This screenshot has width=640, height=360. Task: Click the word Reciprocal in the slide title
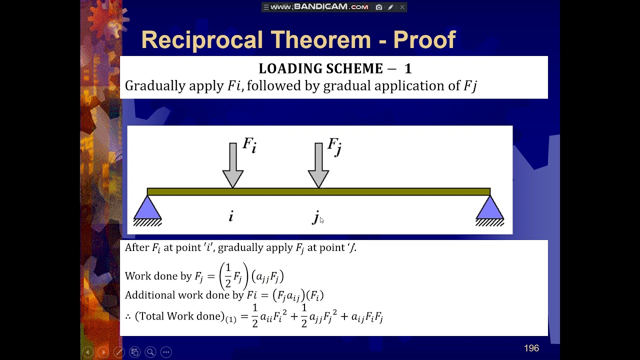[x=201, y=39]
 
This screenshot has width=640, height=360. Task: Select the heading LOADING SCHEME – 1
[x=334, y=68]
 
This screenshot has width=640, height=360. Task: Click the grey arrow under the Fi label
[x=233, y=165]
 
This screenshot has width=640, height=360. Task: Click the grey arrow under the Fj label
[x=318, y=165]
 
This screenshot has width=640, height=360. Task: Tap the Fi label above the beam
[x=249, y=145]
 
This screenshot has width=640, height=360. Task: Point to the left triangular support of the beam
[x=147, y=209]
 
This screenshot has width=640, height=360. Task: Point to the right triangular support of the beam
[x=489, y=209]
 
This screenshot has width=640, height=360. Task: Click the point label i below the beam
[x=231, y=216]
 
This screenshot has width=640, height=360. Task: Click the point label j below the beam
[x=316, y=216]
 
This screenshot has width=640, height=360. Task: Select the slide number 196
[x=531, y=348]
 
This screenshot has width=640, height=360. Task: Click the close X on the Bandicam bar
[x=402, y=7]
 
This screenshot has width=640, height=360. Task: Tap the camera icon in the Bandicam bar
[x=379, y=7]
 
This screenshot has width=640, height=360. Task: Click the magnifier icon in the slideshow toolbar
[x=150, y=352]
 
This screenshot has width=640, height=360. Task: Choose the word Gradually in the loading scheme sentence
[x=155, y=86]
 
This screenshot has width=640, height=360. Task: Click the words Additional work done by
[x=184, y=295]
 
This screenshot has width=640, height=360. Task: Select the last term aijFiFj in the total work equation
[x=367, y=316]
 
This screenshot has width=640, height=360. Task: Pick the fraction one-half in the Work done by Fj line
[x=228, y=276]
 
